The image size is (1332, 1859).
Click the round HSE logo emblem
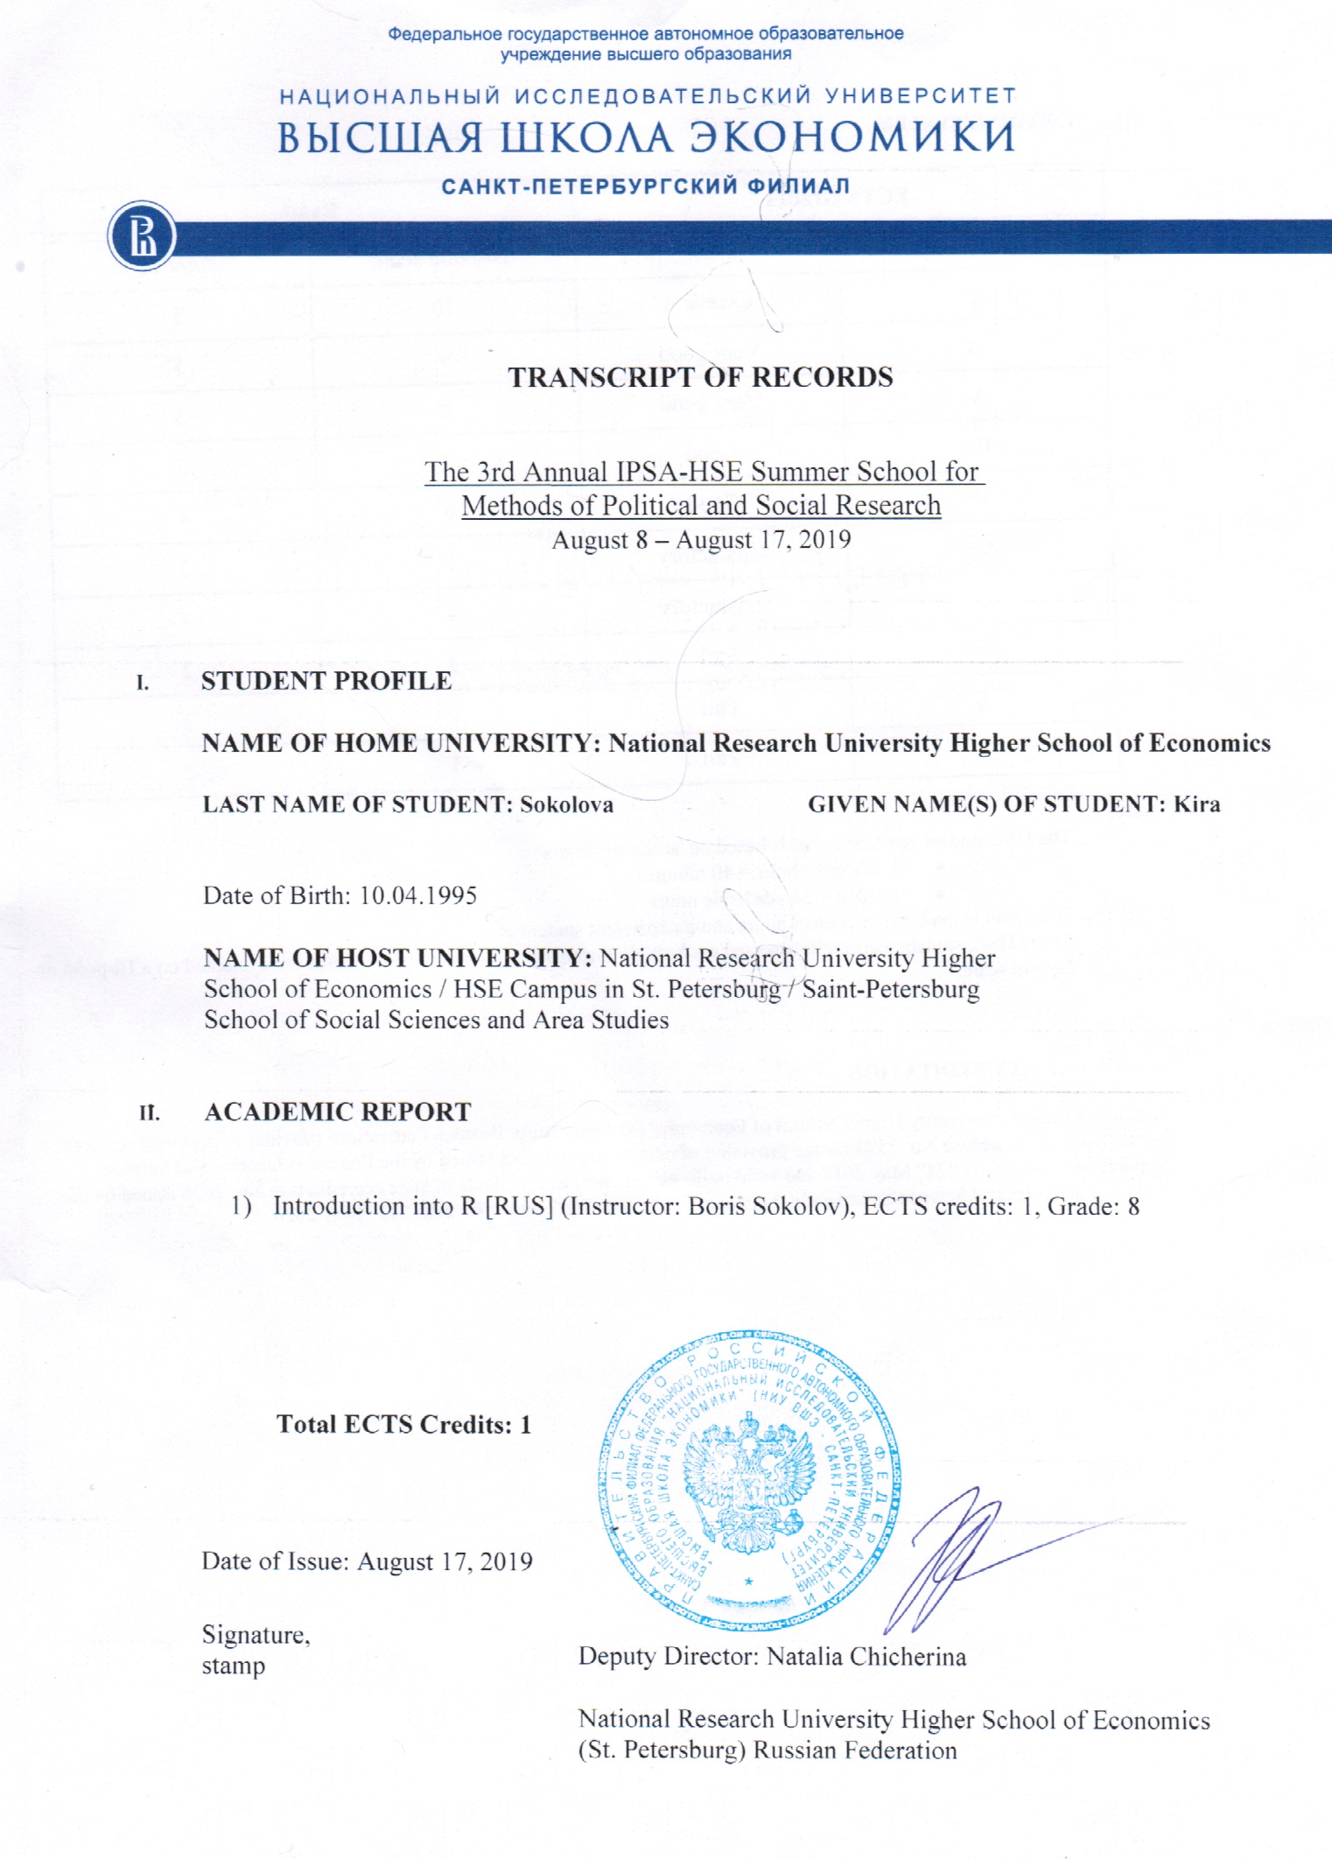142,236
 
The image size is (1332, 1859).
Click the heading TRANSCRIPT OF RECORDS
700,377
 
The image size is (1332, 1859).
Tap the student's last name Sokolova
566,804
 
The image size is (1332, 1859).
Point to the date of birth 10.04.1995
418,895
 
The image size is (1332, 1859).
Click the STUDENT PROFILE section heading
326,681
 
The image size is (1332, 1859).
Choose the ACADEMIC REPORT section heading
338,1112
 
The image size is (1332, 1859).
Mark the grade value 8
1133,1206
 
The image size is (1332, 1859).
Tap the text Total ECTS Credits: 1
403,1425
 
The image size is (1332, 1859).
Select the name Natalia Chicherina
866,1657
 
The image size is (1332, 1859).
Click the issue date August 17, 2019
445,1562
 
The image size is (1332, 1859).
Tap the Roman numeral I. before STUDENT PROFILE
143,683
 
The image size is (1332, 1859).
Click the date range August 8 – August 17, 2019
701,539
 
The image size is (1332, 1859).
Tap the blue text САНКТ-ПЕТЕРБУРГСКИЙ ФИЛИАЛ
646,186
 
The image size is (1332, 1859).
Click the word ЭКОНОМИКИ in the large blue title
852,137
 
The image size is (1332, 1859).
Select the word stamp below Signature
233,1666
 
